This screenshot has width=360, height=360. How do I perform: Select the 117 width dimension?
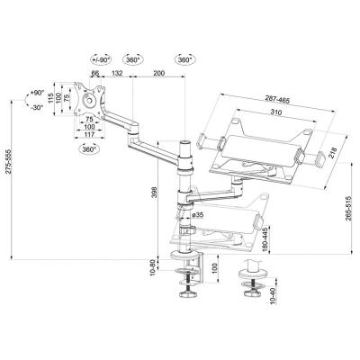[x=89, y=136]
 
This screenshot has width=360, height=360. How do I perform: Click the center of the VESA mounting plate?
[x=89, y=100]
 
